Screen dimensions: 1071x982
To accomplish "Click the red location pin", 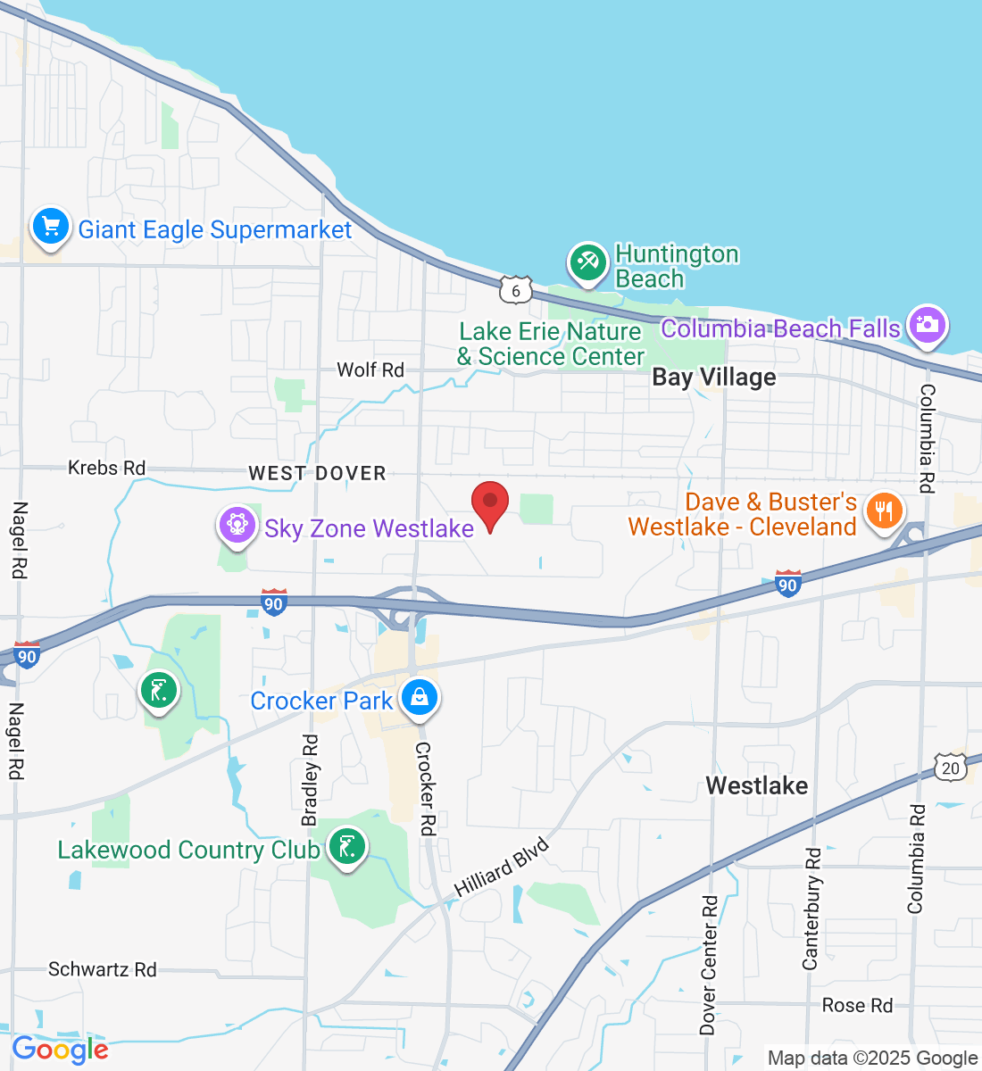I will pyautogui.click(x=490, y=505).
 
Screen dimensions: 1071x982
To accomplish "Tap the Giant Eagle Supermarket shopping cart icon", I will pyautogui.click(x=51, y=226).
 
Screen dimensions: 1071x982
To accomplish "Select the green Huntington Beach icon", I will pyautogui.click(x=587, y=262).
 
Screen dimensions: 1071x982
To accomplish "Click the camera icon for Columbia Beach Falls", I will pyautogui.click(x=928, y=324).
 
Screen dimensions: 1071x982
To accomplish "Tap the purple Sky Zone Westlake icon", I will pyautogui.click(x=237, y=525).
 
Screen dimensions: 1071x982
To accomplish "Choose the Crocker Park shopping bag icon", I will pyautogui.click(x=419, y=697).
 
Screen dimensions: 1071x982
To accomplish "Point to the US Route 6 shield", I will pyautogui.click(x=516, y=290).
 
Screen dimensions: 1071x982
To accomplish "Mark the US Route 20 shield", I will pyautogui.click(x=951, y=767).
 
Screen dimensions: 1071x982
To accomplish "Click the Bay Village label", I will pyautogui.click(x=714, y=378).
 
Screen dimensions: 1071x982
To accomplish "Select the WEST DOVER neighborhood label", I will pyautogui.click(x=317, y=473).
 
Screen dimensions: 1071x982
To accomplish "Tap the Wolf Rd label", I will pyautogui.click(x=370, y=369).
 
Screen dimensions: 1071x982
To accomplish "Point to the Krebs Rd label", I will pyautogui.click(x=106, y=468).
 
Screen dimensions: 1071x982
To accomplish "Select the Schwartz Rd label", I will pyautogui.click(x=103, y=969).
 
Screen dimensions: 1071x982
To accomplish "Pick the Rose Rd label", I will pyautogui.click(x=857, y=1006).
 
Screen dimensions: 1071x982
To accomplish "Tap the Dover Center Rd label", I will pyautogui.click(x=709, y=965).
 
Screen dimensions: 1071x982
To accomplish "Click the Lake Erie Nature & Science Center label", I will pyautogui.click(x=550, y=344).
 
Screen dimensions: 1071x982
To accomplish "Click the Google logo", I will pyautogui.click(x=60, y=1050).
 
